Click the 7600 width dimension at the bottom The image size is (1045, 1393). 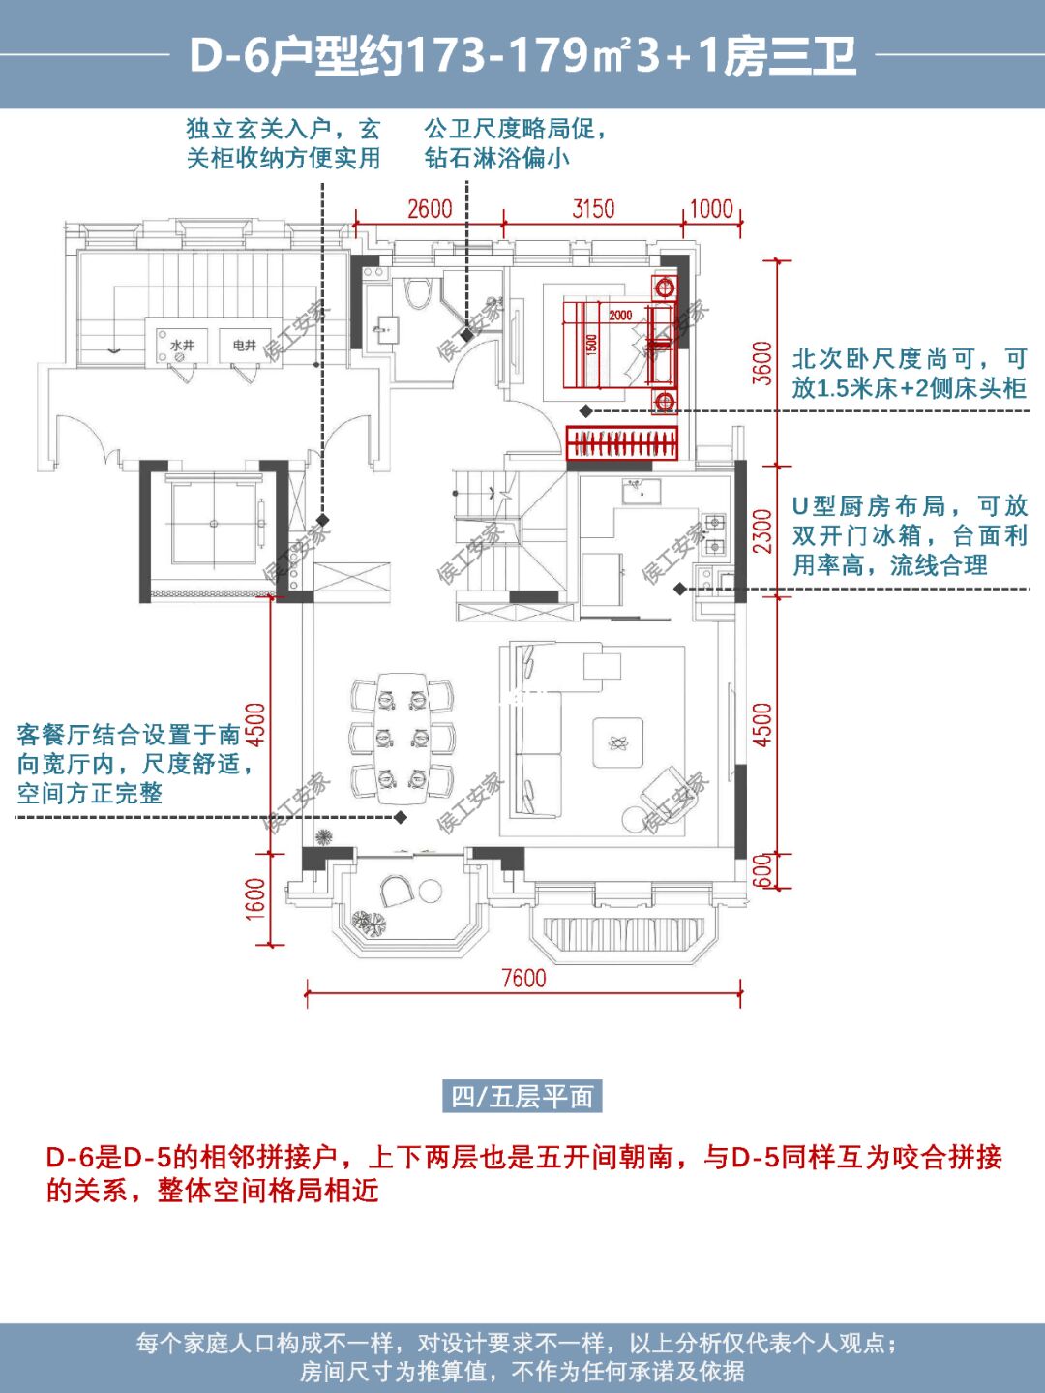523,978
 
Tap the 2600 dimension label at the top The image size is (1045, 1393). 429,208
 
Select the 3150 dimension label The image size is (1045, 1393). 592,208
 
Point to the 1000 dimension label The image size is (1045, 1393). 711,208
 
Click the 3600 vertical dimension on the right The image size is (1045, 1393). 762,363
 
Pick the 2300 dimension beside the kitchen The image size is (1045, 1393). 762,530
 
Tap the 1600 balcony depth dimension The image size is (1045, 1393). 254,898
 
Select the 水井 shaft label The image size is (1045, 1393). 181,345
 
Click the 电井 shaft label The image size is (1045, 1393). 244,345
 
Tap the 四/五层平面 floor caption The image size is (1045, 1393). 522,1097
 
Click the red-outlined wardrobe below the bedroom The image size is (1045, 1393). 622,443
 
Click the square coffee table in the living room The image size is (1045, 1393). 617,742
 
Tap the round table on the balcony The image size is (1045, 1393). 430,892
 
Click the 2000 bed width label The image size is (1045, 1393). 620,315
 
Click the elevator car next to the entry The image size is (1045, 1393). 214,524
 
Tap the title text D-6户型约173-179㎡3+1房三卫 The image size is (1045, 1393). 522,55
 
